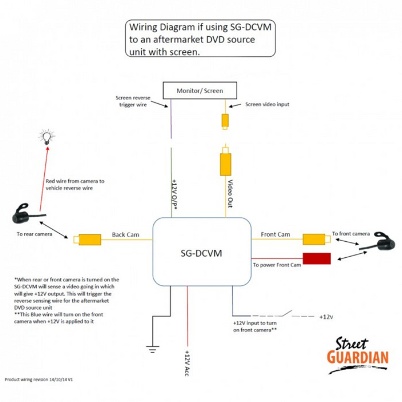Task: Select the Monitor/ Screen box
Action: pos(200,91)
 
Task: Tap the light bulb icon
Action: pos(46,137)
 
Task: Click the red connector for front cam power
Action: pos(317,258)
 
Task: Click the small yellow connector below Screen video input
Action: pos(226,121)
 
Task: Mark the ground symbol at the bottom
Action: pos(152,347)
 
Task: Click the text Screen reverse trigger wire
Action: pos(133,100)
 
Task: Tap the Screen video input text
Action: pos(267,104)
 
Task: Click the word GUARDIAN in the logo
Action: pos(357,357)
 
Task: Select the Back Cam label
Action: pos(126,234)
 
